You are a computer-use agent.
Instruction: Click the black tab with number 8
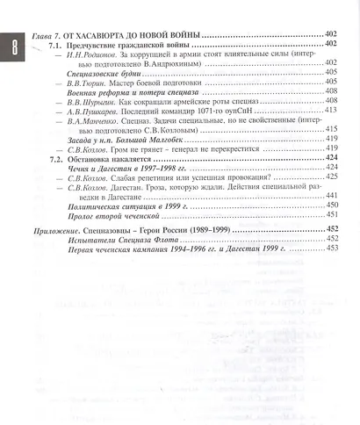pos(13,45)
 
